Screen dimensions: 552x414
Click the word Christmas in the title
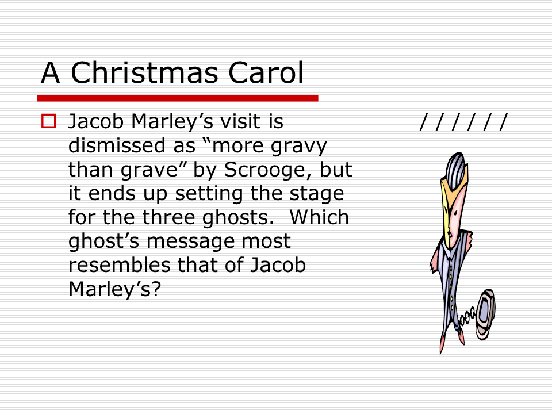click(x=144, y=72)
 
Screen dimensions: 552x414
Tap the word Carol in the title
click(x=266, y=72)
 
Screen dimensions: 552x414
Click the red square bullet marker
click(x=48, y=121)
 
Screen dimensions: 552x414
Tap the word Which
click(x=319, y=217)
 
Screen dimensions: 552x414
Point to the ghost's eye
click(x=455, y=213)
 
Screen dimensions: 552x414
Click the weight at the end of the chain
click(x=485, y=314)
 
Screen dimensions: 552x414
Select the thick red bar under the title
click(x=178, y=98)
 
